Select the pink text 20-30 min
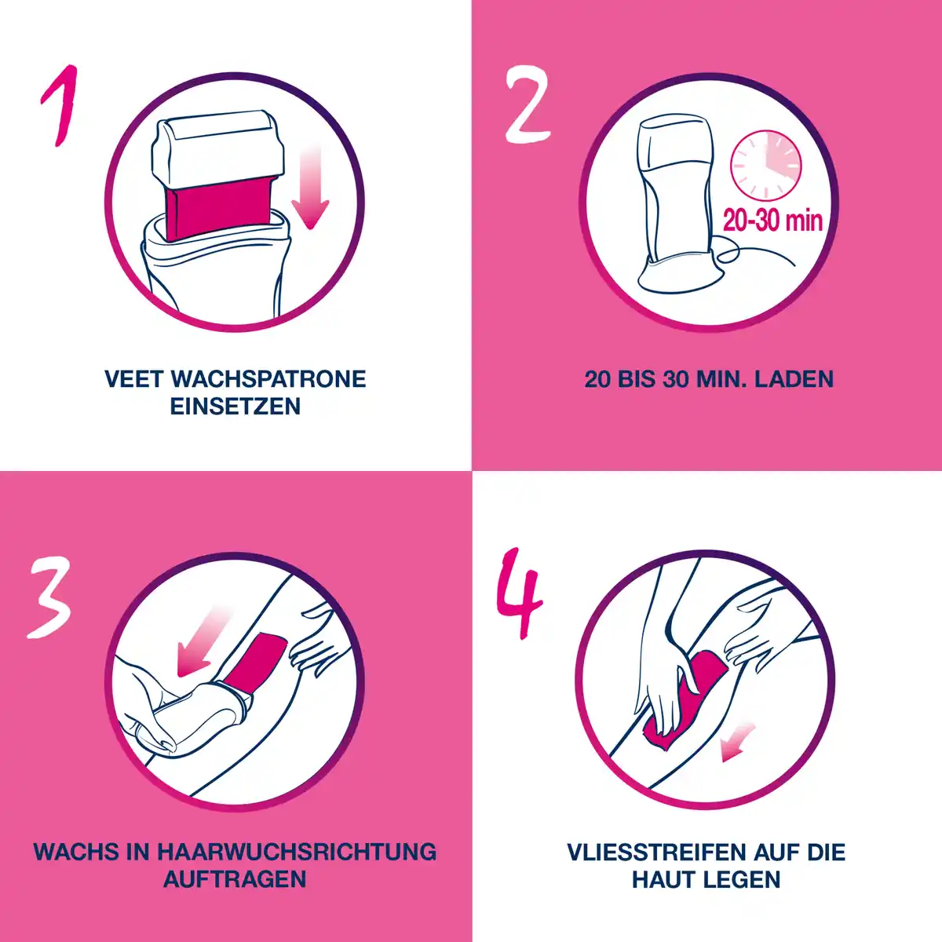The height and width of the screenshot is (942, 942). coord(772,220)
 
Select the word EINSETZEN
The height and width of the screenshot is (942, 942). coord(235,407)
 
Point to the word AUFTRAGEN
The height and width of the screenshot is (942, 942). coord(235,879)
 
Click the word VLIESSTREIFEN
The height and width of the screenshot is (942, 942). coord(656,852)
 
